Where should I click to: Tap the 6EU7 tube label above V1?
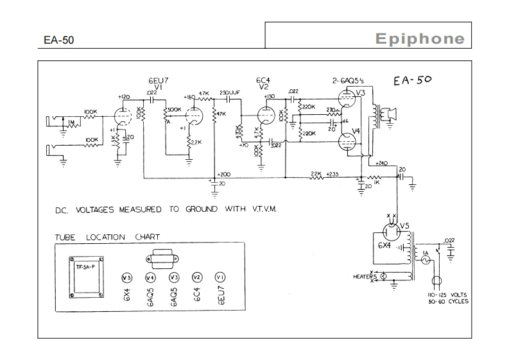pos(158,81)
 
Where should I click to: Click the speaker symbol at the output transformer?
pos(387,114)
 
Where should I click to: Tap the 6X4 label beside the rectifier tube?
pos(383,246)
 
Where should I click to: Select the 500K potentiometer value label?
pos(175,110)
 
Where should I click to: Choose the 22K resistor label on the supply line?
pos(315,173)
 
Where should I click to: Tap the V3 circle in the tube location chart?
pos(173,278)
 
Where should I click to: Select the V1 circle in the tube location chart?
pos(220,278)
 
